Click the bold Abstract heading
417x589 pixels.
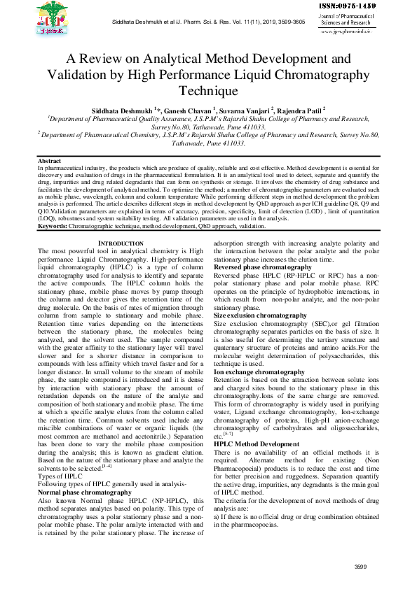click(x=50, y=162)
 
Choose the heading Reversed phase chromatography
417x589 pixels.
click(x=262, y=267)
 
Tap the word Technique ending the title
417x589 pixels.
click(x=208, y=91)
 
